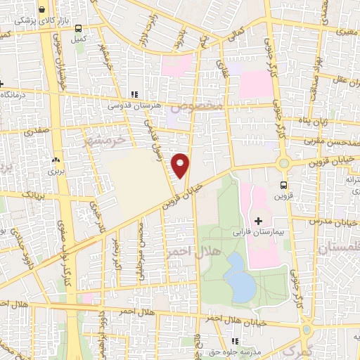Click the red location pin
click(x=181, y=165)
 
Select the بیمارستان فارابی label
click(x=266, y=231)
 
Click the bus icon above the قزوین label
click(x=283, y=186)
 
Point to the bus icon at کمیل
click(x=77, y=29)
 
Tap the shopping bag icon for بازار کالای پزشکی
click(x=43, y=10)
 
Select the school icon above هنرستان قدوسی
click(x=134, y=94)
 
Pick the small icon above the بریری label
click(x=56, y=161)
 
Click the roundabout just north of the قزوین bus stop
click(x=283, y=163)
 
